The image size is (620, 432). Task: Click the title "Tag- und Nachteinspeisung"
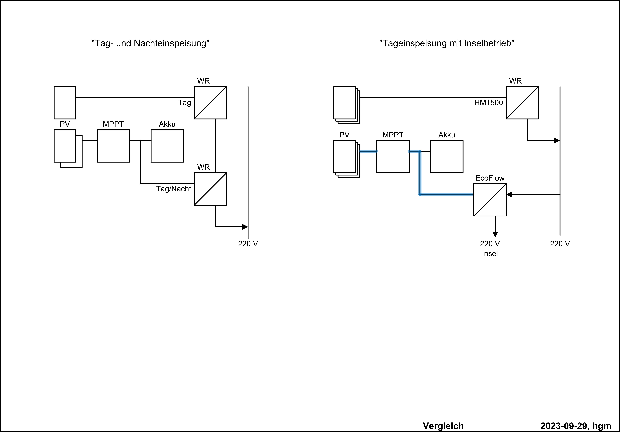coord(150,43)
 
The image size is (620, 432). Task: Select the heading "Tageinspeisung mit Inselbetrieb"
coord(447,43)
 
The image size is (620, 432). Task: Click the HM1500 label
coord(489,103)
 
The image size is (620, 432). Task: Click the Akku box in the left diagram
coord(167,146)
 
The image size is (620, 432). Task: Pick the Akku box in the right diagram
coord(447,157)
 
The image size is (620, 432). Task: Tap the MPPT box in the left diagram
coord(113,146)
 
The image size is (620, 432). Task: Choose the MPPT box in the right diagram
coord(393,157)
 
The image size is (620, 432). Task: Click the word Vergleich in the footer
coord(443,426)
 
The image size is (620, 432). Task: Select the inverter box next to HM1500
coord(522,103)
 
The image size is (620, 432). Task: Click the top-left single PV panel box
coord(65,103)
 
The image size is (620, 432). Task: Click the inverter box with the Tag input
coord(210,103)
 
